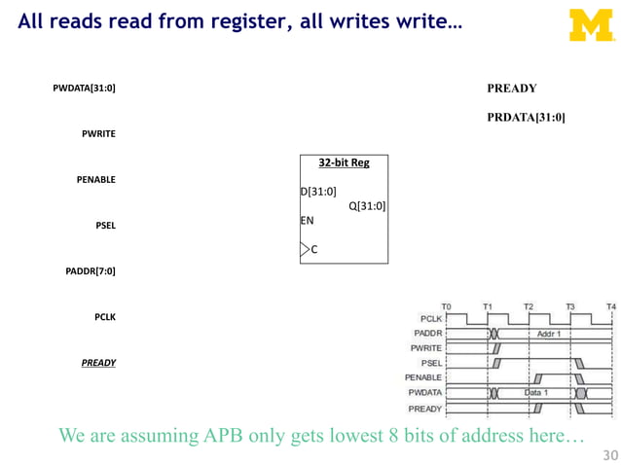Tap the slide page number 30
click(610, 454)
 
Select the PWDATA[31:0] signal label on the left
click(84, 89)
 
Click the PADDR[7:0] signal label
click(90, 271)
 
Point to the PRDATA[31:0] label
click(526, 118)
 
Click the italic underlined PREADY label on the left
click(98, 363)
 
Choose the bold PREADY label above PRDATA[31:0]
click(511, 89)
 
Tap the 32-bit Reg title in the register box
click(344, 162)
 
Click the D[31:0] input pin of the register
click(318, 191)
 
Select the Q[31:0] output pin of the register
click(367, 205)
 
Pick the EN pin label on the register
click(308, 221)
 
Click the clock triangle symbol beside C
click(305, 250)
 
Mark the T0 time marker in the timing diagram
click(446, 306)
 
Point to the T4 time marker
click(610, 306)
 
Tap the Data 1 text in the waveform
click(536, 392)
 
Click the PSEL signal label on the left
click(105, 226)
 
